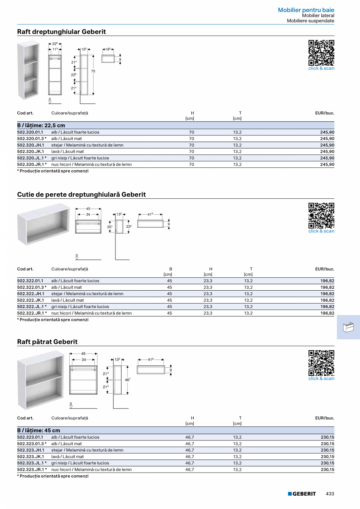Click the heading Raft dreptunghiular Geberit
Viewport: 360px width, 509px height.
61,32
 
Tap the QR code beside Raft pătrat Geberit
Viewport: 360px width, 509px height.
321,363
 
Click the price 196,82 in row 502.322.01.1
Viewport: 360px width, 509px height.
327,281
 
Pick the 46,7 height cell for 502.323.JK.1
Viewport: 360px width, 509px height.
189,457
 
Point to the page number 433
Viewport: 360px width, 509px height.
330,494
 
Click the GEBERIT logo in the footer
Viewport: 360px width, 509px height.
302,494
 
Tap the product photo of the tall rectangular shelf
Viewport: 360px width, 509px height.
28,70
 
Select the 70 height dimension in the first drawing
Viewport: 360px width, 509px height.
93,71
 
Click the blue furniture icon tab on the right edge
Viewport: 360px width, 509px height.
348,327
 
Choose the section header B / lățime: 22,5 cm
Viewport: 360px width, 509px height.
41,126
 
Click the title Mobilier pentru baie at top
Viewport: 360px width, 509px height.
306,10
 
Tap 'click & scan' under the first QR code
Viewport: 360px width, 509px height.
321,68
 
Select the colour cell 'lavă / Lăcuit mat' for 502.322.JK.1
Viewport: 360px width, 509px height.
68,300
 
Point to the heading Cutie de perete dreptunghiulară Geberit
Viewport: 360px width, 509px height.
81,194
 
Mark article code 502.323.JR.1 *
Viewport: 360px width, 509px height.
32,469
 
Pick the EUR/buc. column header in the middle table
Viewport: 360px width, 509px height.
324,269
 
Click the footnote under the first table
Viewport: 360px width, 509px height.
53,171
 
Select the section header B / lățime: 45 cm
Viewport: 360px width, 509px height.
39,430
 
